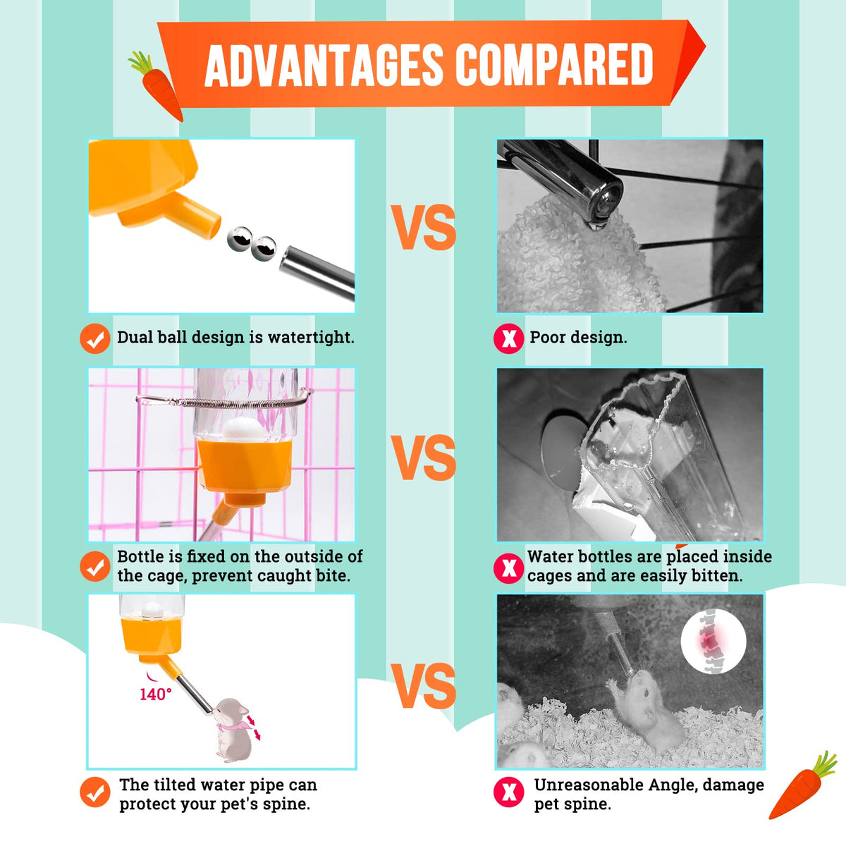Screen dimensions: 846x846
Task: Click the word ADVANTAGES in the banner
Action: (x=324, y=65)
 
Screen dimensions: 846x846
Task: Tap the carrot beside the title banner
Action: (x=157, y=85)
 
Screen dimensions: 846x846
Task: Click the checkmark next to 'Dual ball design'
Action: (x=95, y=338)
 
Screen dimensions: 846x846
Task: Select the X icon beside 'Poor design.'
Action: (x=508, y=338)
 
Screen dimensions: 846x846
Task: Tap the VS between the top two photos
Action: (x=424, y=227)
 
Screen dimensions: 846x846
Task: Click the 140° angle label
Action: (x=155, y=694)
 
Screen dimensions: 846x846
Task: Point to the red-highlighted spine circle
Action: (x=713, y=642)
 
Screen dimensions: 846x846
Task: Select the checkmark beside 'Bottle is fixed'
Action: (x=95, y=567)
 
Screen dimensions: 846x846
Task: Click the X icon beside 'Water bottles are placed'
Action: (x=508, y=568)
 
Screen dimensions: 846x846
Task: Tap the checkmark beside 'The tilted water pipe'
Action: (x=95, y=792)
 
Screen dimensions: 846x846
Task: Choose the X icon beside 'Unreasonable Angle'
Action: (x=508, y=792)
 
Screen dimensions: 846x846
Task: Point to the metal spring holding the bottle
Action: (x=225, y=401)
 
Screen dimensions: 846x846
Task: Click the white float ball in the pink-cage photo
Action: (x=244, y=429)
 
